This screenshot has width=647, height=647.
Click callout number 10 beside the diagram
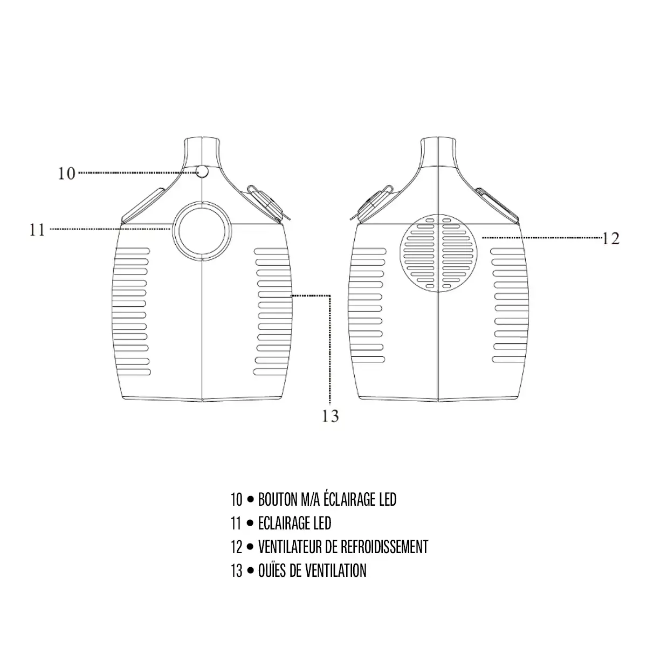point(66,174)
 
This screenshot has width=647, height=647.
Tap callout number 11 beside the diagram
point(37,230)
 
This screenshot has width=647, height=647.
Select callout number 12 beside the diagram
point(611,239)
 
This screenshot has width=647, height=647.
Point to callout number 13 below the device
point(331,416)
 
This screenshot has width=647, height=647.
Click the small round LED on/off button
point(203,171)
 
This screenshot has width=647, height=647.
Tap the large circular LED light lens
point(202,231)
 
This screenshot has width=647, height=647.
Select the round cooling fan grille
point(438,253)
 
